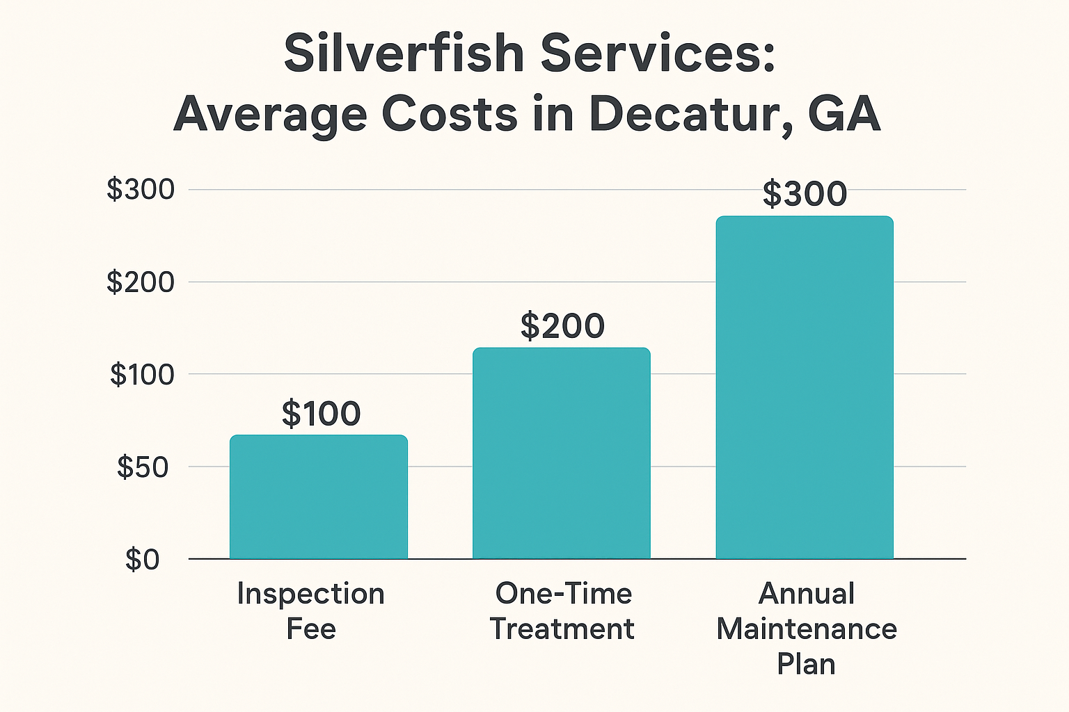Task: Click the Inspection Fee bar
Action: [318, 496]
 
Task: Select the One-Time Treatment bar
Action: [561, 453]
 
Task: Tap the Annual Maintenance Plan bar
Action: [804, 387]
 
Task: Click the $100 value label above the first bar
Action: [321, 414]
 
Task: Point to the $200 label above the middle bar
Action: [562, 326]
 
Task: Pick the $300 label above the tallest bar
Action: [805, 194]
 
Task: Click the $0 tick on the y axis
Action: [142, 560]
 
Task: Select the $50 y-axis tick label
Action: [142, 467]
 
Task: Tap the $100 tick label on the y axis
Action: [142, 375]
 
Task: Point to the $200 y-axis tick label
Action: [140, 282]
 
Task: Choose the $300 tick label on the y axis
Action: [140, 190]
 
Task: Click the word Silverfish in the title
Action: [404, 54]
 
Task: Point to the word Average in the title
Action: [269, 115]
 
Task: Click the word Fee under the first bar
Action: [311, 629]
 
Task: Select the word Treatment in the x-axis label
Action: [562, 629]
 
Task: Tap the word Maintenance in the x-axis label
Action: [806, 629]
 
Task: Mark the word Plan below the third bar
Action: [806, 665]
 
